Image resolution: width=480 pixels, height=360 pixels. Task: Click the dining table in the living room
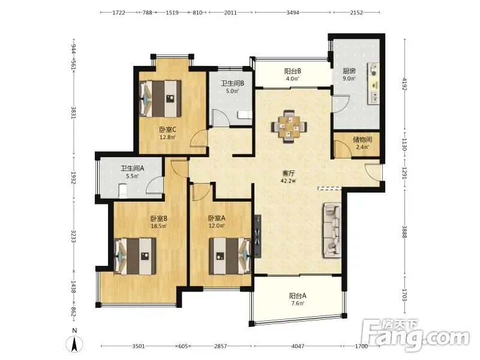pos(289,127)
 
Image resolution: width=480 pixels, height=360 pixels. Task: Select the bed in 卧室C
pos(161,98)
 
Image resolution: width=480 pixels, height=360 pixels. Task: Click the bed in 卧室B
pos(134,256)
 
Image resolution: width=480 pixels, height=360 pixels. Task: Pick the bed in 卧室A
pos(230,256)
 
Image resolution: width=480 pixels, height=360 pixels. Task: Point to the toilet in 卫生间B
pos(245,115)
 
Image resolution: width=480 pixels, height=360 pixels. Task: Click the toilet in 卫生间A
pos(123,190)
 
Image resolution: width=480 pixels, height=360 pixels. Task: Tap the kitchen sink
pos(374,97)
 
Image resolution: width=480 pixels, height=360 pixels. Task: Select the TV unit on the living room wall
pos(258,236)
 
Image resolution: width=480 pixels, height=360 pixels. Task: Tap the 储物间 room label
pos(362,140)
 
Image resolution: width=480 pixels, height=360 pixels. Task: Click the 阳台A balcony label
pos(298,296)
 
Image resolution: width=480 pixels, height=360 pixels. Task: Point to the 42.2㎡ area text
pos(289,181)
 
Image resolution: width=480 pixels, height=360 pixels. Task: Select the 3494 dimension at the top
pos(293,13)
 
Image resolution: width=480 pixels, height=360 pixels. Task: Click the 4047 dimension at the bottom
pos(298,346)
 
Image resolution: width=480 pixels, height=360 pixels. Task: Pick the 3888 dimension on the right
pos(404,232)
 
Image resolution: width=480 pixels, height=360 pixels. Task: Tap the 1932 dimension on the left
pos(73,178)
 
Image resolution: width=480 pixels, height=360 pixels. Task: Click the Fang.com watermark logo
pos(415,335)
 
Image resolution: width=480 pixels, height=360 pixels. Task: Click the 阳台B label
pos(293,71)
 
